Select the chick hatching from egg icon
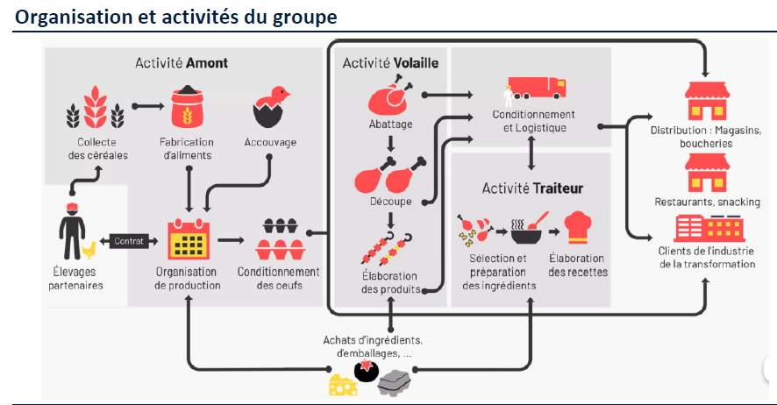pos(272,107)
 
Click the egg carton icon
pos(279,238)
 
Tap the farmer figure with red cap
pos(72,231)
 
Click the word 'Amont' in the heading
pos(207,63)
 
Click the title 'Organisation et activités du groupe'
pos(176,17)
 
